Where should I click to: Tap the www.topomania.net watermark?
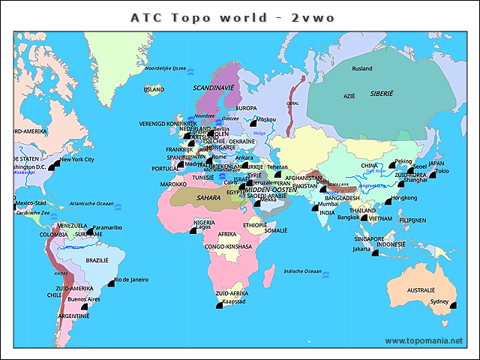[424, 340]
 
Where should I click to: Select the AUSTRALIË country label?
[421, 289]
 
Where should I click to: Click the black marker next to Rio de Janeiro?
[109, 285]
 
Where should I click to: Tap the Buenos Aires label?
[83, 299]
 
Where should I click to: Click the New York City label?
[76, 159]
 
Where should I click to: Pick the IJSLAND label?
[154, 89]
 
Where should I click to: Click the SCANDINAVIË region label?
[214, 88]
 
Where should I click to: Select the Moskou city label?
[266, 119]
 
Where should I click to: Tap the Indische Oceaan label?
[302, 271]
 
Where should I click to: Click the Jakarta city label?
[361, 248]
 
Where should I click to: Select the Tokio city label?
[442, 171]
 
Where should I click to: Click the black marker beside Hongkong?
[388, 202]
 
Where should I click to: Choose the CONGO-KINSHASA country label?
[229, 246]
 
